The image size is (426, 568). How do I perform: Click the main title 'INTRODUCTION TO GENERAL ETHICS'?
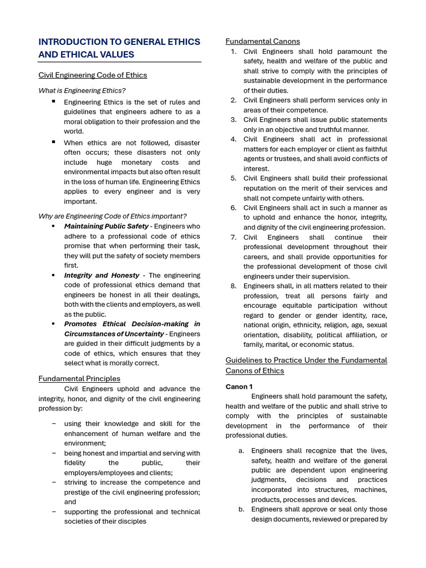tap(119, 42)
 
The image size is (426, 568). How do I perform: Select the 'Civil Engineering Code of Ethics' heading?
tap(93, 75)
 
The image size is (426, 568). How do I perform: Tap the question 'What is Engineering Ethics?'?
tap(82, 90)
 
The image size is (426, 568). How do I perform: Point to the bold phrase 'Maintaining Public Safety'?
tap(106, 226)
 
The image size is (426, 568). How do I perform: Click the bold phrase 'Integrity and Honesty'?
tap(102, 275)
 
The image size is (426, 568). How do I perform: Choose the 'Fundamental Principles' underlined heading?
tap(79, 378)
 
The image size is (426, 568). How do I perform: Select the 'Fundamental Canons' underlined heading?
tap(262, 41)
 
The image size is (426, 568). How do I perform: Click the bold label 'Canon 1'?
tap(239, 387)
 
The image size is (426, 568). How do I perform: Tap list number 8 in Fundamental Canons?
tap(234, 286)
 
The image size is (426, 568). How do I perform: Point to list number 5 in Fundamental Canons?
tap(234, 179)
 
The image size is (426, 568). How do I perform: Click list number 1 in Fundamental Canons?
tap(234, 52)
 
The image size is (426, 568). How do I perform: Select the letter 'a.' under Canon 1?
tap(241, 451)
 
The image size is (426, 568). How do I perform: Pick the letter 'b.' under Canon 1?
tap(241, 509)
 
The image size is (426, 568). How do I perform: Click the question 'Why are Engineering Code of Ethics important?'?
tap(112, 216)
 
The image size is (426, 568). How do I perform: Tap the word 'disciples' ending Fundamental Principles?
tap(132, 521)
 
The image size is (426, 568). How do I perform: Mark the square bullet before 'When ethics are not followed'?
tap(54, 141)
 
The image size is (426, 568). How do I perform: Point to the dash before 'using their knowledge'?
tap(54, 424)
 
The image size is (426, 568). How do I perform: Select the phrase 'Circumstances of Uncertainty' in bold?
tap(114, 334)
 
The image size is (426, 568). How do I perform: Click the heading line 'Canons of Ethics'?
tap(255, 371)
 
